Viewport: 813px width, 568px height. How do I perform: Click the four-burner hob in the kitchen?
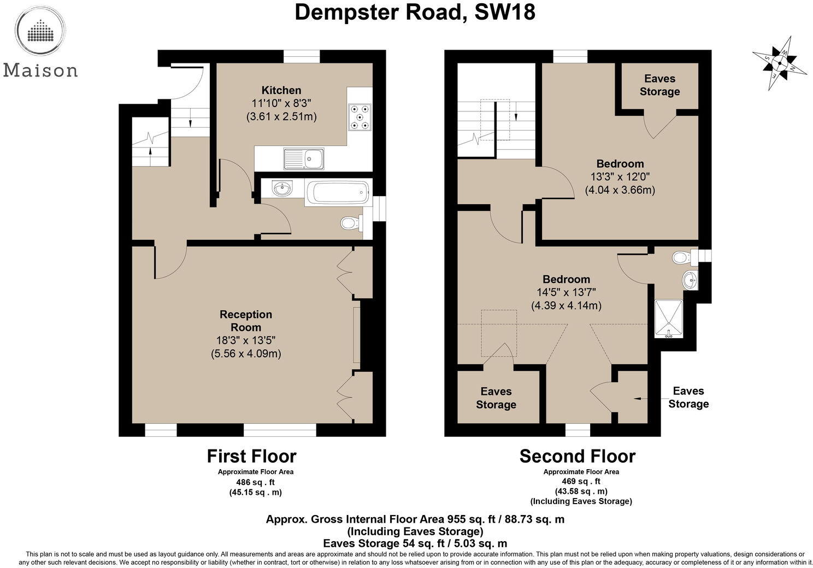coord(360,117)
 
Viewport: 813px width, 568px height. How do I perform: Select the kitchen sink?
coord(304,158)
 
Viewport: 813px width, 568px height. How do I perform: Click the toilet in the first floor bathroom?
coord(352,223)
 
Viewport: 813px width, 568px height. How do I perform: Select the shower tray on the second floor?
coord(668,318)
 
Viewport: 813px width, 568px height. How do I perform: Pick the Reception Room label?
coord(246,321)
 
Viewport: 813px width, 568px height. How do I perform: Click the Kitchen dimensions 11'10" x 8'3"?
coord(281,103)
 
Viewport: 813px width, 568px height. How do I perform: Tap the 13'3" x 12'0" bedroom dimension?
coord(620,176)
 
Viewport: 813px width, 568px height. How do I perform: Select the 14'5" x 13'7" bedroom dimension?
coord(566,292)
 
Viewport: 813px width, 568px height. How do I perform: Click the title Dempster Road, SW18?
coord(415,12)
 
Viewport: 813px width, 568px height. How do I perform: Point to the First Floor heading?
coord(251,456)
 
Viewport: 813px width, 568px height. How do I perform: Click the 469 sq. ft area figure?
coord(581,481)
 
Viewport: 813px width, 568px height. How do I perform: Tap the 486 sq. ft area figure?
coord(256,482)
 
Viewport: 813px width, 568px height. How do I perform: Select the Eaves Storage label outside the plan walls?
coord(688,397)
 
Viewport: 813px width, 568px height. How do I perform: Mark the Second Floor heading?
coord(578,456)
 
